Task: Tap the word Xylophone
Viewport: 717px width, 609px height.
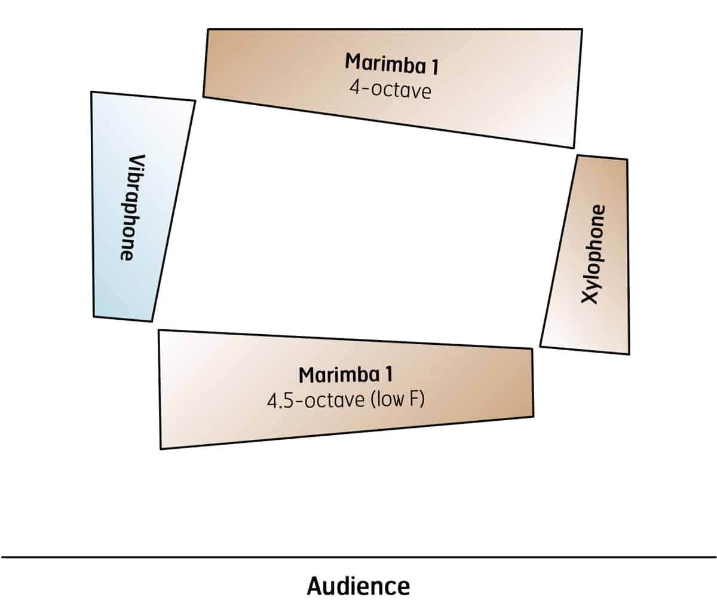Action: click(593, 254)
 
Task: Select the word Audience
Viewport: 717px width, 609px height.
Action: click(358, 586)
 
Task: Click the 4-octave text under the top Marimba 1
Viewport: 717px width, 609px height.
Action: click(390, 91)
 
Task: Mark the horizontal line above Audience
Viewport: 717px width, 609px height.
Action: click(358, 557)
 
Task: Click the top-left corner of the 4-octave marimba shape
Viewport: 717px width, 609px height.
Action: click(208, 29)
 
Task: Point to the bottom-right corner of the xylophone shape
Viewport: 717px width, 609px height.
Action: click(629, 354)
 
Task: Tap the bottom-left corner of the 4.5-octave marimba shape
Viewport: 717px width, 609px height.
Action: click(161, 448)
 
